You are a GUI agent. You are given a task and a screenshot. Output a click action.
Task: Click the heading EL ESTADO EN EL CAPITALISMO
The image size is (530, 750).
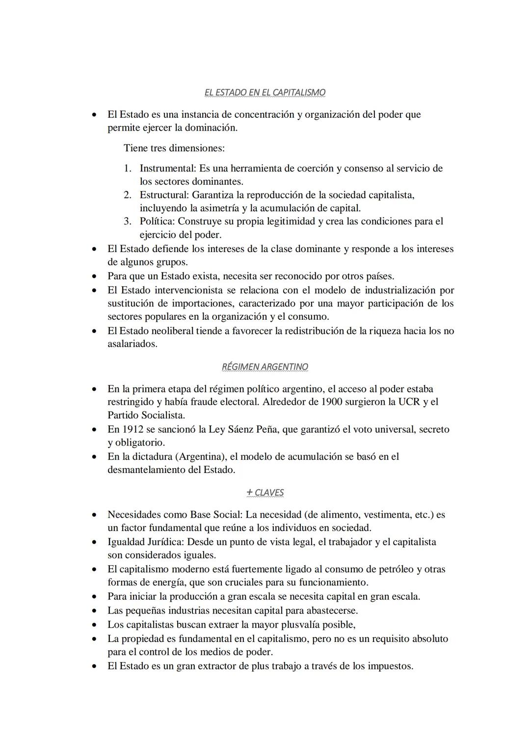point(265,92)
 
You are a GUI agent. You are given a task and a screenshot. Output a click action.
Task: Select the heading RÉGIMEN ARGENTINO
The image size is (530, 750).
point(265,367)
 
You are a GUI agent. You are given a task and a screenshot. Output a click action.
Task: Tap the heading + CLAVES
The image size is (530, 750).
point(265,493)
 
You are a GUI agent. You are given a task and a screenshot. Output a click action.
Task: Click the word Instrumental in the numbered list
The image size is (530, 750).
point(167,168)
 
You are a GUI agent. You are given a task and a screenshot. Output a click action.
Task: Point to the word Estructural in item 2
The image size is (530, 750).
point(164,195)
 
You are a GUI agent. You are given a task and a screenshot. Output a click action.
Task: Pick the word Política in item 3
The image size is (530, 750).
point(157,222)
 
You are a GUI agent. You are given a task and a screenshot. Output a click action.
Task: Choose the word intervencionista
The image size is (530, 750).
point(187,290)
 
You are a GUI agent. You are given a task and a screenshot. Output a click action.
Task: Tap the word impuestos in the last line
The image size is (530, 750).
point(390,667)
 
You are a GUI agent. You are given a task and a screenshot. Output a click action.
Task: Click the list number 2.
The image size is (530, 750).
point(127,195)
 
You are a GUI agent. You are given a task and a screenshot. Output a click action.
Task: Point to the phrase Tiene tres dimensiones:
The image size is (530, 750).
point(174,148)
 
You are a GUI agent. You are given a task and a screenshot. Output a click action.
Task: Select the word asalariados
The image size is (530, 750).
point(132,344)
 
